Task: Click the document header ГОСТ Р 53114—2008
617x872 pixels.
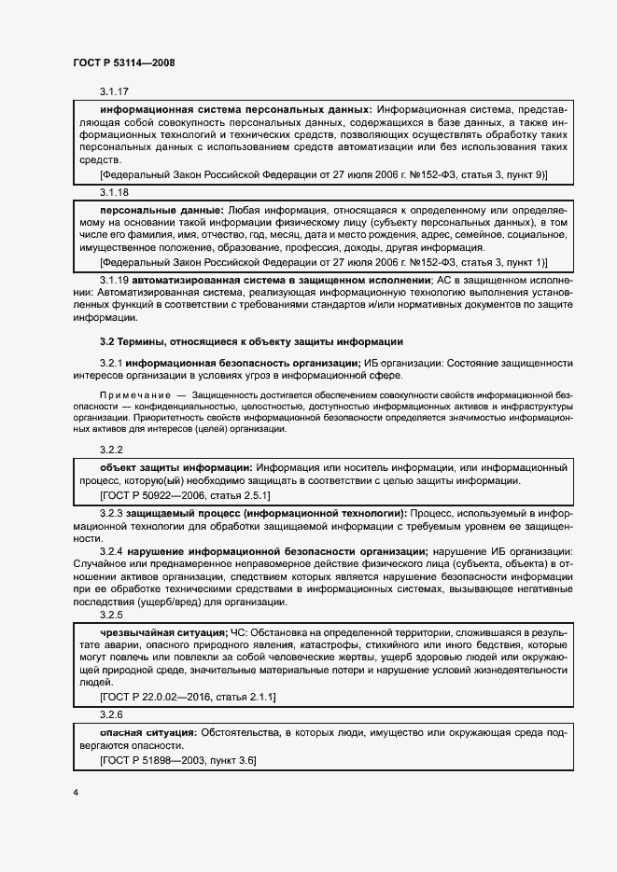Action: [x=123, y=62]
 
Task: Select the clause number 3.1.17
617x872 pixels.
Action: [x=113, y=91]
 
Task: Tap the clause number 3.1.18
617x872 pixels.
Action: [x=113, y=191]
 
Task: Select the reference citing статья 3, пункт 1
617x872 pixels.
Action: [x=323, y=263]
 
